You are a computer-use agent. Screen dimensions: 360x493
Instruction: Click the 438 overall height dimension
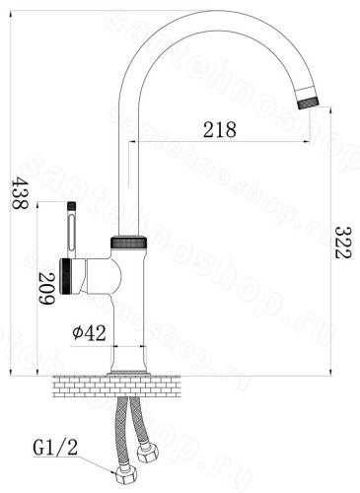tap(20, 193)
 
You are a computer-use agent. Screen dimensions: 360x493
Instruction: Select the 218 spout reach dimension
tap(220, 129)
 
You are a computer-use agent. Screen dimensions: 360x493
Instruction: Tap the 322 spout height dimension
tap(343, 243)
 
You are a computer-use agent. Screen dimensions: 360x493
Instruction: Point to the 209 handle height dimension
tap(46, 288)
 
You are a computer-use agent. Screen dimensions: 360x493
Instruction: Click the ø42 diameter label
tap(90, 332)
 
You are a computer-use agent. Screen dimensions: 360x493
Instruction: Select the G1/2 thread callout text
tap(55, 448)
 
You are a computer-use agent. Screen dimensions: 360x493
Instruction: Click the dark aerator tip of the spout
tap(308, 103)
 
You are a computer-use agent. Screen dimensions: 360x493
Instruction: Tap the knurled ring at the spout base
tap(129, 243)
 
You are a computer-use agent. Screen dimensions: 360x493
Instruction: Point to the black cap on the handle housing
tap(65, 276)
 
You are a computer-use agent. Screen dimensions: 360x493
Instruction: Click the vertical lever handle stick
tap(72, 230)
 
